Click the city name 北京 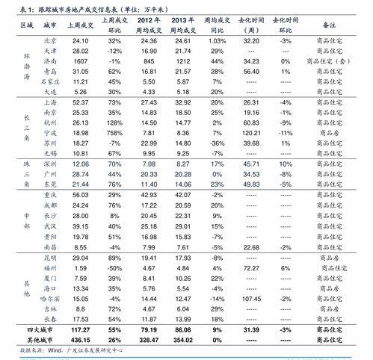[51, 40]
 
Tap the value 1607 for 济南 [80, 60]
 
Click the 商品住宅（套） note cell [335, 60]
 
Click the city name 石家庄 [51, 80]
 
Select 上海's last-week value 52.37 [80, 101]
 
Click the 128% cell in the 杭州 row [114, 120]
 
